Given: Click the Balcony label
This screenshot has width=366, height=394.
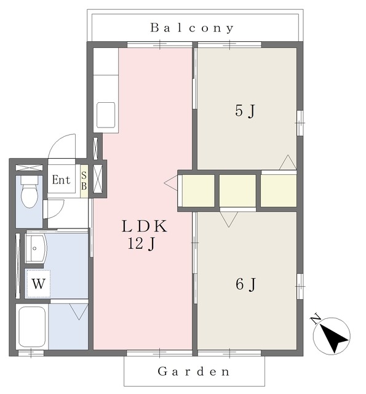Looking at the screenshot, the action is pyautogui.click(x=192, y=28).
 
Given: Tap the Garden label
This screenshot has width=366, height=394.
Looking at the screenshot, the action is pyautogui.click(x=194, y=371).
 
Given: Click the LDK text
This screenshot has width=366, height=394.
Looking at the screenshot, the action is pyautogui.click(x=145, y=226).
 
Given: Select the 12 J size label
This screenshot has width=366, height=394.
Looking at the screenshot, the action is pyautogui.click(x=141, y=244).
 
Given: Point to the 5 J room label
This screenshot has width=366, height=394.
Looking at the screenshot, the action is pyautogui.click(x=245, y=111).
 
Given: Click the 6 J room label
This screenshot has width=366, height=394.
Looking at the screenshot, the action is pyautogui.click(x=245, y=284).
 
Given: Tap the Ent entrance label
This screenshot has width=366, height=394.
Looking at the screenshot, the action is pyautogui.click(x=61, y=180).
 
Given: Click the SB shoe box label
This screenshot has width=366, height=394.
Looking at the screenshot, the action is pyautogui.click(x=84, y=180).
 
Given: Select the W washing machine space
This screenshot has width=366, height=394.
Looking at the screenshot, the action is pyautogui.click(x=39, y=284).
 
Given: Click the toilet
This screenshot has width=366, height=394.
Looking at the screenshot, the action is pyautogui.click(x=30, y=191).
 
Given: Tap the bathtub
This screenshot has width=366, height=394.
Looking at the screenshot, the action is pyautogui.click(x=32, y=326).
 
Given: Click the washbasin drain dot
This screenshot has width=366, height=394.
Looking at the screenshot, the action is pyautogui.click(x=34, y=249).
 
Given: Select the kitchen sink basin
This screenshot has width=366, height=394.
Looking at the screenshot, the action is pyautogui.click(x=106, y=115).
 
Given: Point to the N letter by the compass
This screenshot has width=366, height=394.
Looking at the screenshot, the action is pyautogui.click(x=316, y=319).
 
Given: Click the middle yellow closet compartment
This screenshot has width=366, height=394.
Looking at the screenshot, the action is pyautogui.click(x=237, y=191).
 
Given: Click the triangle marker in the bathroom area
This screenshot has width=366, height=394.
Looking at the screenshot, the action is pyautogui.click(x=79, y=312).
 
